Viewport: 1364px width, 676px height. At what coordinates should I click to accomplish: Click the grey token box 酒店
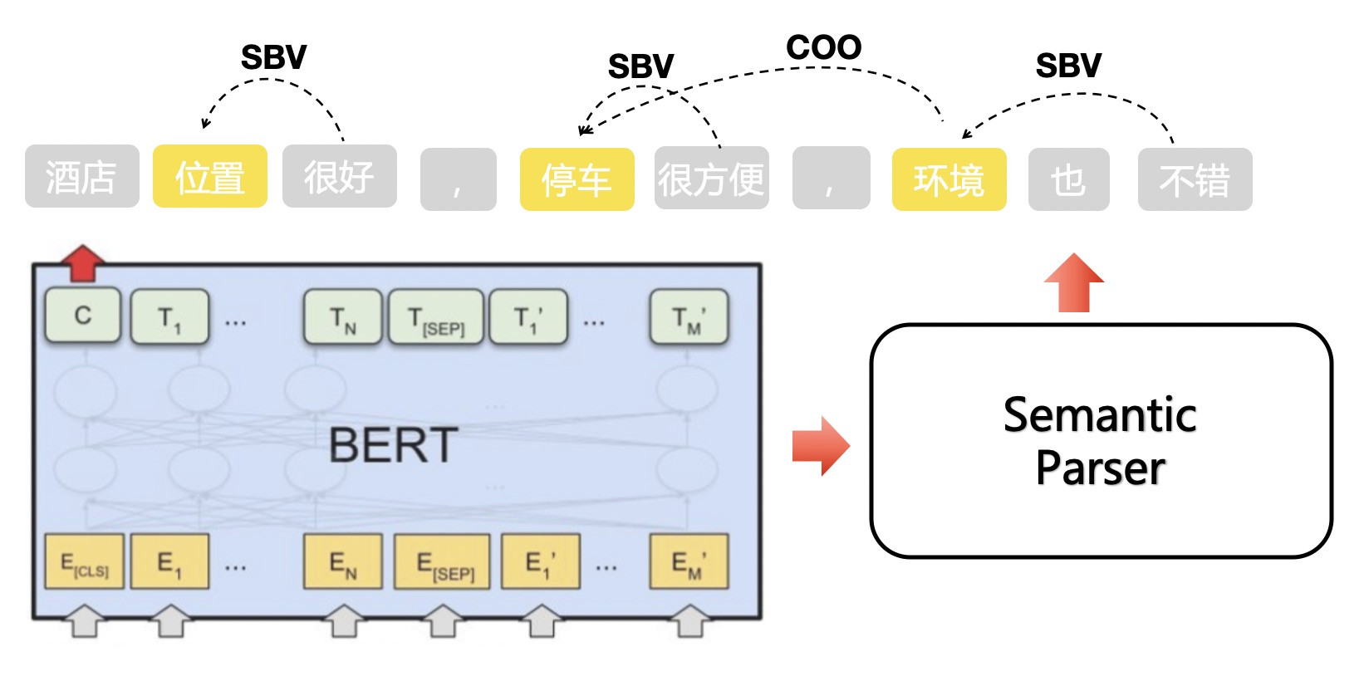click(x=81, y=176)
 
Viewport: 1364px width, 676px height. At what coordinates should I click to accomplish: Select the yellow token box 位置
click(x=210, y=176)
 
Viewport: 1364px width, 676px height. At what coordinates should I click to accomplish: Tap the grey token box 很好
click(x=339, y=176)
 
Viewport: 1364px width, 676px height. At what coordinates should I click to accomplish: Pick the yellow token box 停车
click(x=577, y=179)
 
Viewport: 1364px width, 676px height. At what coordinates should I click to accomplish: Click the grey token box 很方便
click(x=711, y=179)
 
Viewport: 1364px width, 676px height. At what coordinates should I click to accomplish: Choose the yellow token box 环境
click(x=949, y=179)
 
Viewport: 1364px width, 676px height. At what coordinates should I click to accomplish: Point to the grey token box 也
click(x=1068, y=179)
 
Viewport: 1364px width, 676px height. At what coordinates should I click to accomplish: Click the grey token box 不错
click(x=1195, y=179)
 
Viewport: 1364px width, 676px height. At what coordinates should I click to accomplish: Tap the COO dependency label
click(x=823, y=47)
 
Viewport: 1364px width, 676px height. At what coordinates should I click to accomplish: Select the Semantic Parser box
click(x=1101, y=441)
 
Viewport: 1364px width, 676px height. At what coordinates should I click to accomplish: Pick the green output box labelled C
click(x=83, y=316)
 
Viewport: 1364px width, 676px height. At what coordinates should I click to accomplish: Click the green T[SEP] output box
click(x=436, y=316)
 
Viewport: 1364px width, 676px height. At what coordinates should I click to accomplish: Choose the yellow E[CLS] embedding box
click(x=84, y=562)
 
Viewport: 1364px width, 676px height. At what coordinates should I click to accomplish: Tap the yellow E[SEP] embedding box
click(x=442, y=562)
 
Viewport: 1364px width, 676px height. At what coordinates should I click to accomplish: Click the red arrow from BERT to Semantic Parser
click(x=820, y=445)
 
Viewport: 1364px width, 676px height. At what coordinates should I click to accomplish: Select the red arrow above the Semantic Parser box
click(x=1073, y=283)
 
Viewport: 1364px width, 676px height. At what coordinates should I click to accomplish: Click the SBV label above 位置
click(x=273, y=57)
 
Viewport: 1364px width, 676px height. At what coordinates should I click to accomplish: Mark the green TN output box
click(x=342, y=316)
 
